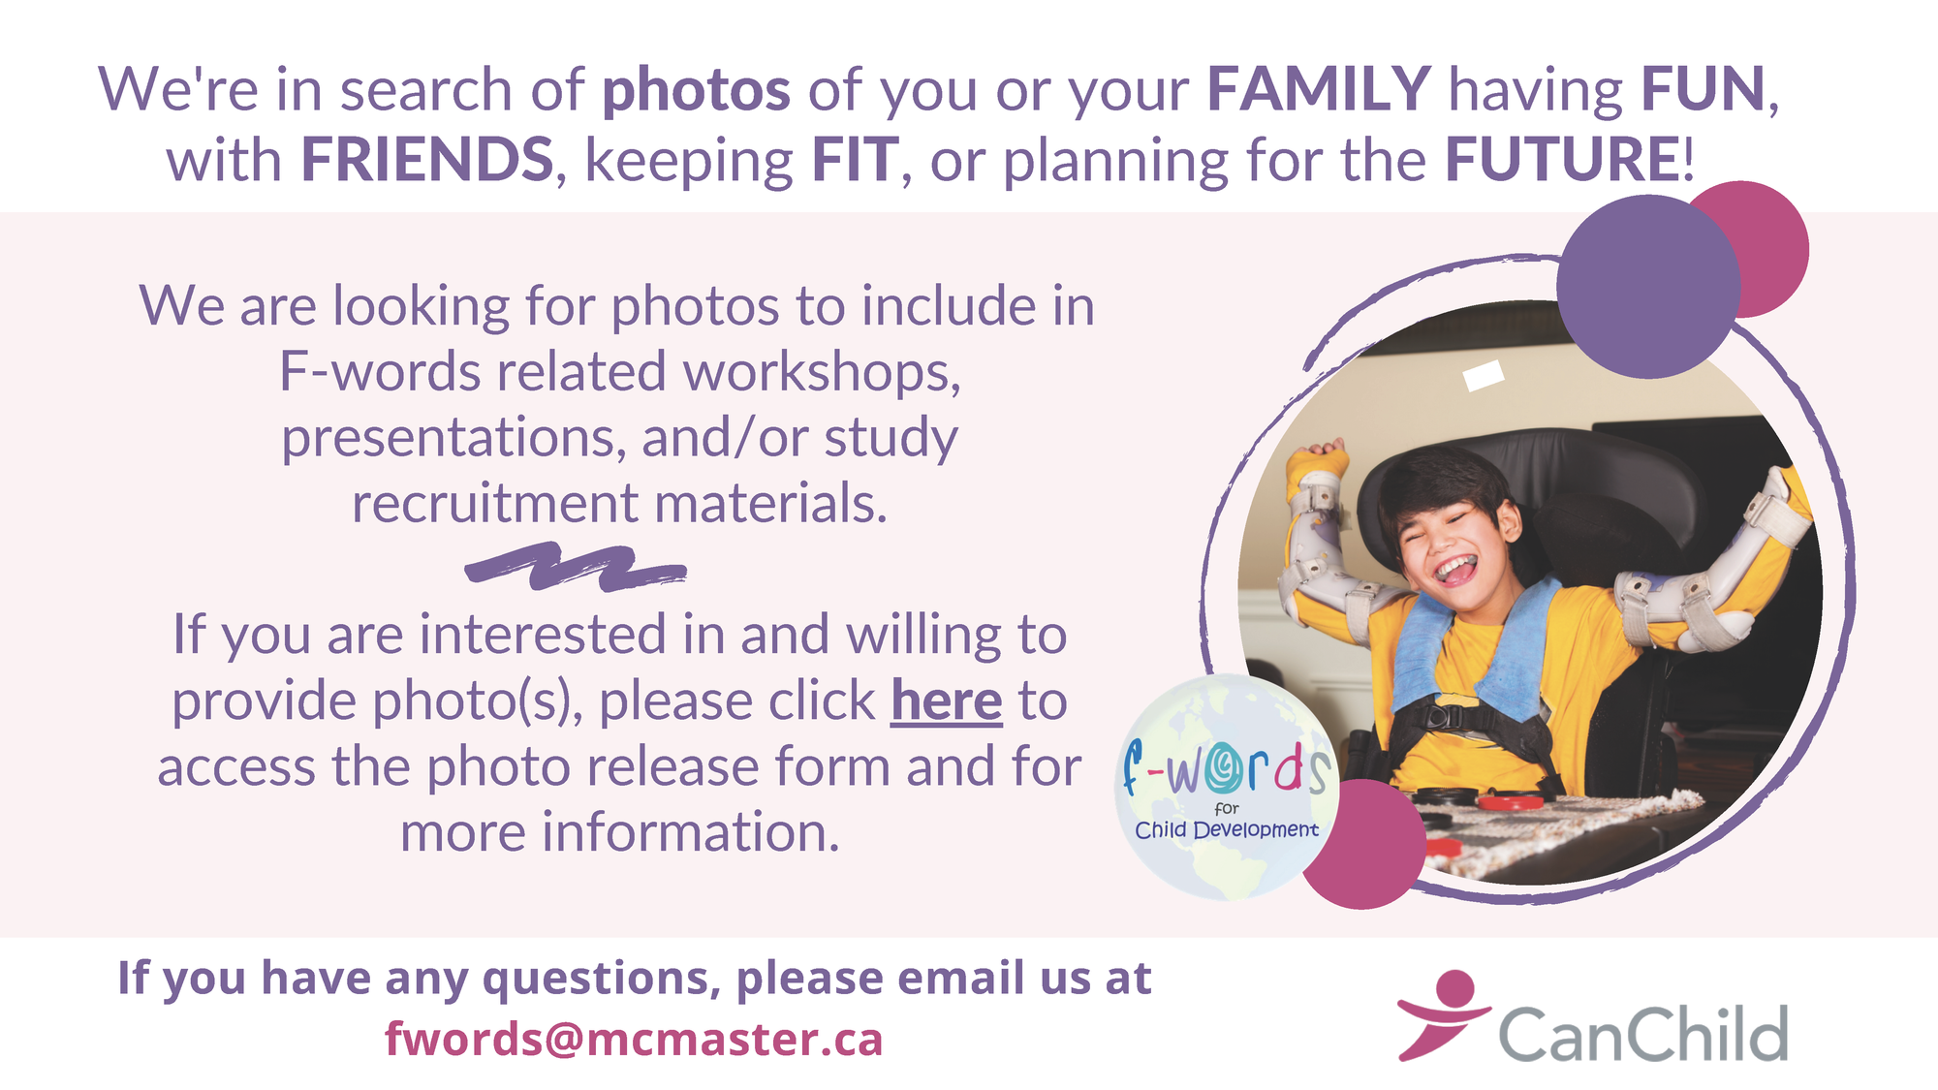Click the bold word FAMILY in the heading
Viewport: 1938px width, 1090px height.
1319,89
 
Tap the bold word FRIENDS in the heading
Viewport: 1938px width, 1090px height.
427,159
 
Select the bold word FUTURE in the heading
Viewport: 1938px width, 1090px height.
1562,159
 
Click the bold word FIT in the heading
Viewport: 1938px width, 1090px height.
856,159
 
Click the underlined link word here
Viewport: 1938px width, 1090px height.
947,701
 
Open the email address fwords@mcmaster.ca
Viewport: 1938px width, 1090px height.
634,1039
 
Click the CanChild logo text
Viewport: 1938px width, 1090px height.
1643,1033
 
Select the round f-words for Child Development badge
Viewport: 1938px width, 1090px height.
1227,787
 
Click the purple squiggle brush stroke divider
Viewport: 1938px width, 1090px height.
576,567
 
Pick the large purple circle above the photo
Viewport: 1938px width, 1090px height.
1648,287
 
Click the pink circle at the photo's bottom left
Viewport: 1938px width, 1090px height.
1363,845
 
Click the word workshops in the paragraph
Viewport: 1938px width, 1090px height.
822,373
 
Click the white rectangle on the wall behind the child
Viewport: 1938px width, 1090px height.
1484,375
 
